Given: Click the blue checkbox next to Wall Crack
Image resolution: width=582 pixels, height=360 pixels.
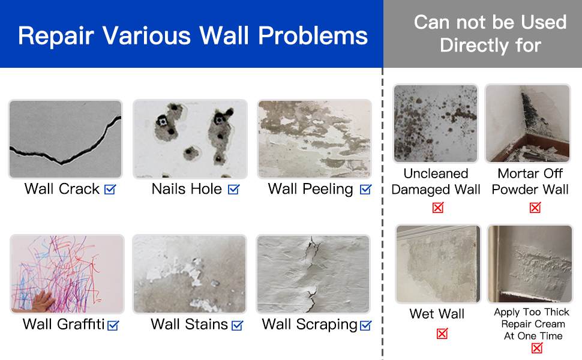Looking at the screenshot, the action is [110, 189].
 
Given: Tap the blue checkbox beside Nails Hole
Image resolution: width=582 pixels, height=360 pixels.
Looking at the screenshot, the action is [234, 189].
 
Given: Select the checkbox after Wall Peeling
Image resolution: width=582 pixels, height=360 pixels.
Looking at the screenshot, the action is [365, 189].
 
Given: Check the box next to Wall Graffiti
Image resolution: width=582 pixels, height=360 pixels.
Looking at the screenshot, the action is [113, 325].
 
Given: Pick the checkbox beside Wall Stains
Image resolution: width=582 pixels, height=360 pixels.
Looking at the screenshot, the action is [237, 325].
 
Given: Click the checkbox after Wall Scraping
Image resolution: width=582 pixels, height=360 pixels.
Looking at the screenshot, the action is [365, 325].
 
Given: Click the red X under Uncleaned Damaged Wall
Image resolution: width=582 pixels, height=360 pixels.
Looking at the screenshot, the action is [438, 208].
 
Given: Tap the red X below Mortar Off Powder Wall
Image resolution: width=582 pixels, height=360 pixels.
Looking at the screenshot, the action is [535, 208].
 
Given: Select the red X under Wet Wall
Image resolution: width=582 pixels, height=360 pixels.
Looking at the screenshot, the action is [442, 333].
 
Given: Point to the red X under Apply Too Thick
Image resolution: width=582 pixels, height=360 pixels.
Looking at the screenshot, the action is [537, 348].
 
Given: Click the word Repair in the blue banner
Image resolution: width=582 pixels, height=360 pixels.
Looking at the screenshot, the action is [56, 36].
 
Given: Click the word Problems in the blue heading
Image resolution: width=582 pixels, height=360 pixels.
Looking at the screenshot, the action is [313, 35].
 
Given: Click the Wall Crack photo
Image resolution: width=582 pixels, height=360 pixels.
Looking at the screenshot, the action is [65, 139].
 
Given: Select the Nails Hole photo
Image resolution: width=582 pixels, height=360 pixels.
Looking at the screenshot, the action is [190, 139].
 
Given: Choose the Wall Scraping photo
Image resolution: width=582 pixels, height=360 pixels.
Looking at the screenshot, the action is [313, 274].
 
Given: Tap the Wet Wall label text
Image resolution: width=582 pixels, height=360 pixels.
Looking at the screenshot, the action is [437, 314].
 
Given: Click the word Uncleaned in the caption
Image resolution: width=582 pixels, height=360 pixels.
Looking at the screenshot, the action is [436, 173].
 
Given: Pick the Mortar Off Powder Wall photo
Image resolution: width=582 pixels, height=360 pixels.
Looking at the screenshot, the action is [527, 124].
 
